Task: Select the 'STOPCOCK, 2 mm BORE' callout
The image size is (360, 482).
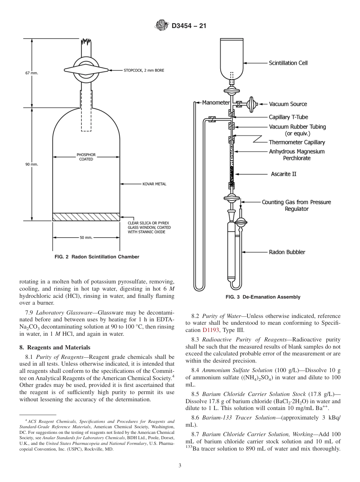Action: coord(144,70)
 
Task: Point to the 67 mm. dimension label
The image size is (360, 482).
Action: coord(32,73)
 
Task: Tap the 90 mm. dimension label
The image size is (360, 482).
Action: coord(32,164)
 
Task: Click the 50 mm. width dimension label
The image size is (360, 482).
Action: coord(86,238)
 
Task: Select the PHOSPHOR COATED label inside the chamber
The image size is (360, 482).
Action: coord(86,157)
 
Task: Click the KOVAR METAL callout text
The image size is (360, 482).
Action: coord(154,184)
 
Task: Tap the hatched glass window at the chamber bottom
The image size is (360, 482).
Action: coord(86,216)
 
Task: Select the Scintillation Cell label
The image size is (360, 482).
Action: coord(288,63)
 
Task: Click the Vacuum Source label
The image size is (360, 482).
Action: coord(288,104)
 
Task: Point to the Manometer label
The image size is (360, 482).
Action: coord(216,102)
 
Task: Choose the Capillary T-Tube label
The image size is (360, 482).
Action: coord(288,117)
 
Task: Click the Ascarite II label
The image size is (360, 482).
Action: coord(283,174)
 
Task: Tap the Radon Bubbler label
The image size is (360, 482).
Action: coord(287,252)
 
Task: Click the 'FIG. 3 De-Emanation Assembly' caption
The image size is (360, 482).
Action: coord(263,297)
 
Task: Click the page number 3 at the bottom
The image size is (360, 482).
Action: coord(180,466)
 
